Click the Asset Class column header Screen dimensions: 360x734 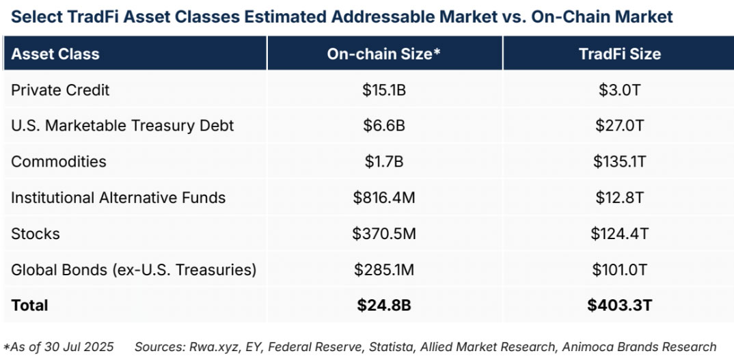click(55, 54)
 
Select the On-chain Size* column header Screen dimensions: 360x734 click(384, 54)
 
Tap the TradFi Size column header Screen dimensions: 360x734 click(619, 54)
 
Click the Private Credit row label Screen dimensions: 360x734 click(60, 90)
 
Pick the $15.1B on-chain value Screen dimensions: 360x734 click(384, 90)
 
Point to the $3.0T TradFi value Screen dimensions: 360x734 click(619, 90)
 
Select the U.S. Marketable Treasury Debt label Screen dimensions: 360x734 click(122, 126)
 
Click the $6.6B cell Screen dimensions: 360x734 click(384, 126)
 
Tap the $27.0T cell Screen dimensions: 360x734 click(619, 126)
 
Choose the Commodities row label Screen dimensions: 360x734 click(59, 162)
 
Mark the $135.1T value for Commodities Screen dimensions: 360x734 click(619, 162)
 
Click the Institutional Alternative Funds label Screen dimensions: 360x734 click(118, 198)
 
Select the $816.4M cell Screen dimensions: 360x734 click(384, 198)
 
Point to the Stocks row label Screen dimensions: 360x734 click(36, 234)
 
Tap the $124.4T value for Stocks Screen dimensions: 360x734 click(619, 234)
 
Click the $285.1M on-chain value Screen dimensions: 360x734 click(384, 270)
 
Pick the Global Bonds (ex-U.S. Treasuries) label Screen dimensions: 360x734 click(134, 270)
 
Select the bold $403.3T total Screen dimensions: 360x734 click(619, 305)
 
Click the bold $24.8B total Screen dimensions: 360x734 click(384, 305)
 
